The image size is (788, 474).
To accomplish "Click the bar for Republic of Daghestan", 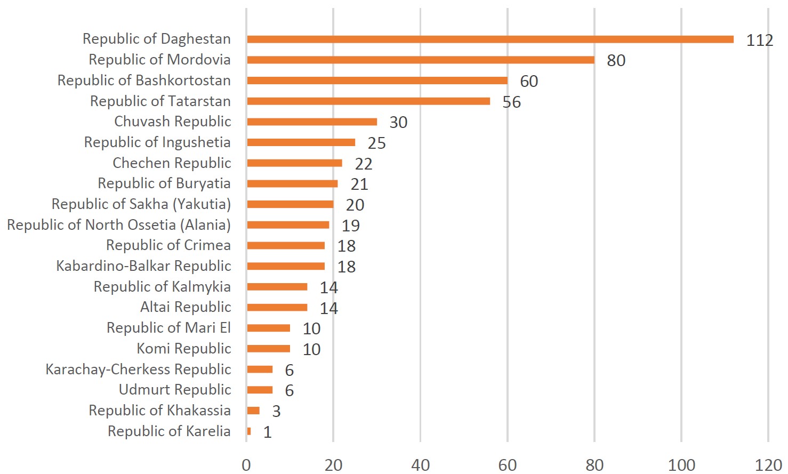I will [x=490, y=39].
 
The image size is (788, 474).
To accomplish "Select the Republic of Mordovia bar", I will [x=421, y=60].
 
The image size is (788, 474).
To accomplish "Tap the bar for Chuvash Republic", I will [x=312, y=122].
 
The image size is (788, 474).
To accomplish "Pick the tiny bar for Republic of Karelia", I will [x=249, y=431].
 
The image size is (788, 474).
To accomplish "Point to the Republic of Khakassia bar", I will [x=253, y=411].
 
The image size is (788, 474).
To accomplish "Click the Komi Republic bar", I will [x=269, y=349].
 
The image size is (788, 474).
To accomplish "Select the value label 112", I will [x=759, y=40].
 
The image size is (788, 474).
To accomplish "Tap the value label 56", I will [x=511, y=102].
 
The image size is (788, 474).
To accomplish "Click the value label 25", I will [x=376, y=143].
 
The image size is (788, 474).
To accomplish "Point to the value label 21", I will [x=359, y=184].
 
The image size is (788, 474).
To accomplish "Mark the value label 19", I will [x=350, y=226].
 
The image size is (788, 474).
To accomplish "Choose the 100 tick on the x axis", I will [x=681, y=465].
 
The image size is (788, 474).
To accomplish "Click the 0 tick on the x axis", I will [x=246, y=465].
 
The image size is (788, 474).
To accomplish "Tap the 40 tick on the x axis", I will [x=420, y=465].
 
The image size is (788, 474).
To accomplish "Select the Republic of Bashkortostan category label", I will [x=144, y=81].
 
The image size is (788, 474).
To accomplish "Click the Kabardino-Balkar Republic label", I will [x=143, y=266].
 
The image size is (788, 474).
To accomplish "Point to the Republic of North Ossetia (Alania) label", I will [x=119, y=225].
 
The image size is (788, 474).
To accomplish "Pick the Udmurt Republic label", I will [x=175, y=390].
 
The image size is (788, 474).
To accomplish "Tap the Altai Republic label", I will [x=186, y=307].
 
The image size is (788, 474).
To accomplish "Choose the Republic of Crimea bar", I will [x=286, y=246].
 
